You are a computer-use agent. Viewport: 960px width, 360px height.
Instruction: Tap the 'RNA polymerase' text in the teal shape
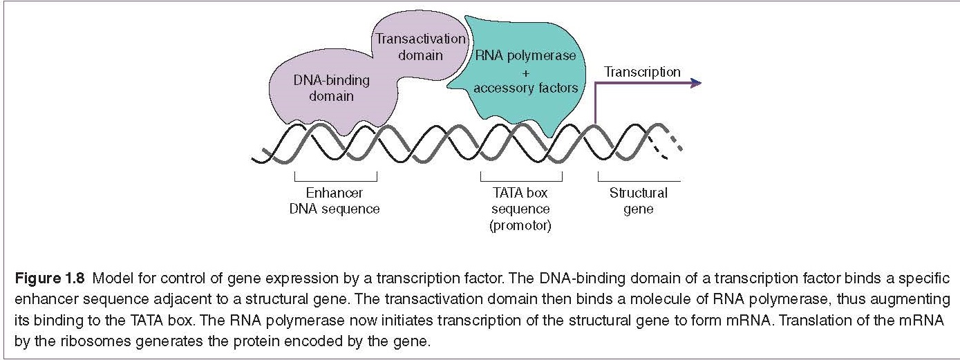(525, 55)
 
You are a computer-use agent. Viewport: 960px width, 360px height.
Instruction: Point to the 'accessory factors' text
(525, 88)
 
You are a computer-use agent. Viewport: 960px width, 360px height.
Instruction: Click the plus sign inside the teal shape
(525, 72)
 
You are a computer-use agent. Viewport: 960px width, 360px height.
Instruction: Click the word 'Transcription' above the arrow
(642, 72)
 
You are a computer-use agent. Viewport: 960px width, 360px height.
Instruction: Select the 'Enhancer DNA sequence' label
(335, 200)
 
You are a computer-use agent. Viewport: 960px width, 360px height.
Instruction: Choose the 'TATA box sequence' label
(521, 200)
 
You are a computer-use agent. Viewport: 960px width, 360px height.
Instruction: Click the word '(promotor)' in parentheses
(521, 226)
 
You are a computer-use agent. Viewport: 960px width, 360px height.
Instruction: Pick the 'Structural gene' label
(638, 200)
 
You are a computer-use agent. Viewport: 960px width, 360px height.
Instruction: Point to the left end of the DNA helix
(257, 160)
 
